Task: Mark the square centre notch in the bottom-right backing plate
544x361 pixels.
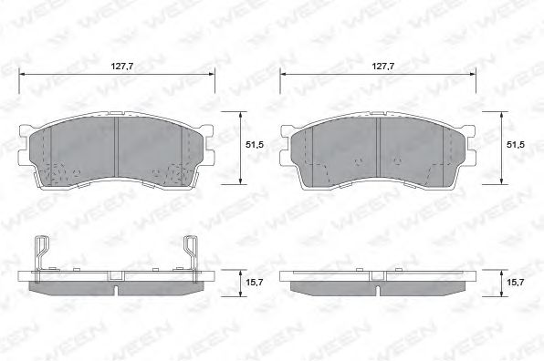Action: click(376, 275)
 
